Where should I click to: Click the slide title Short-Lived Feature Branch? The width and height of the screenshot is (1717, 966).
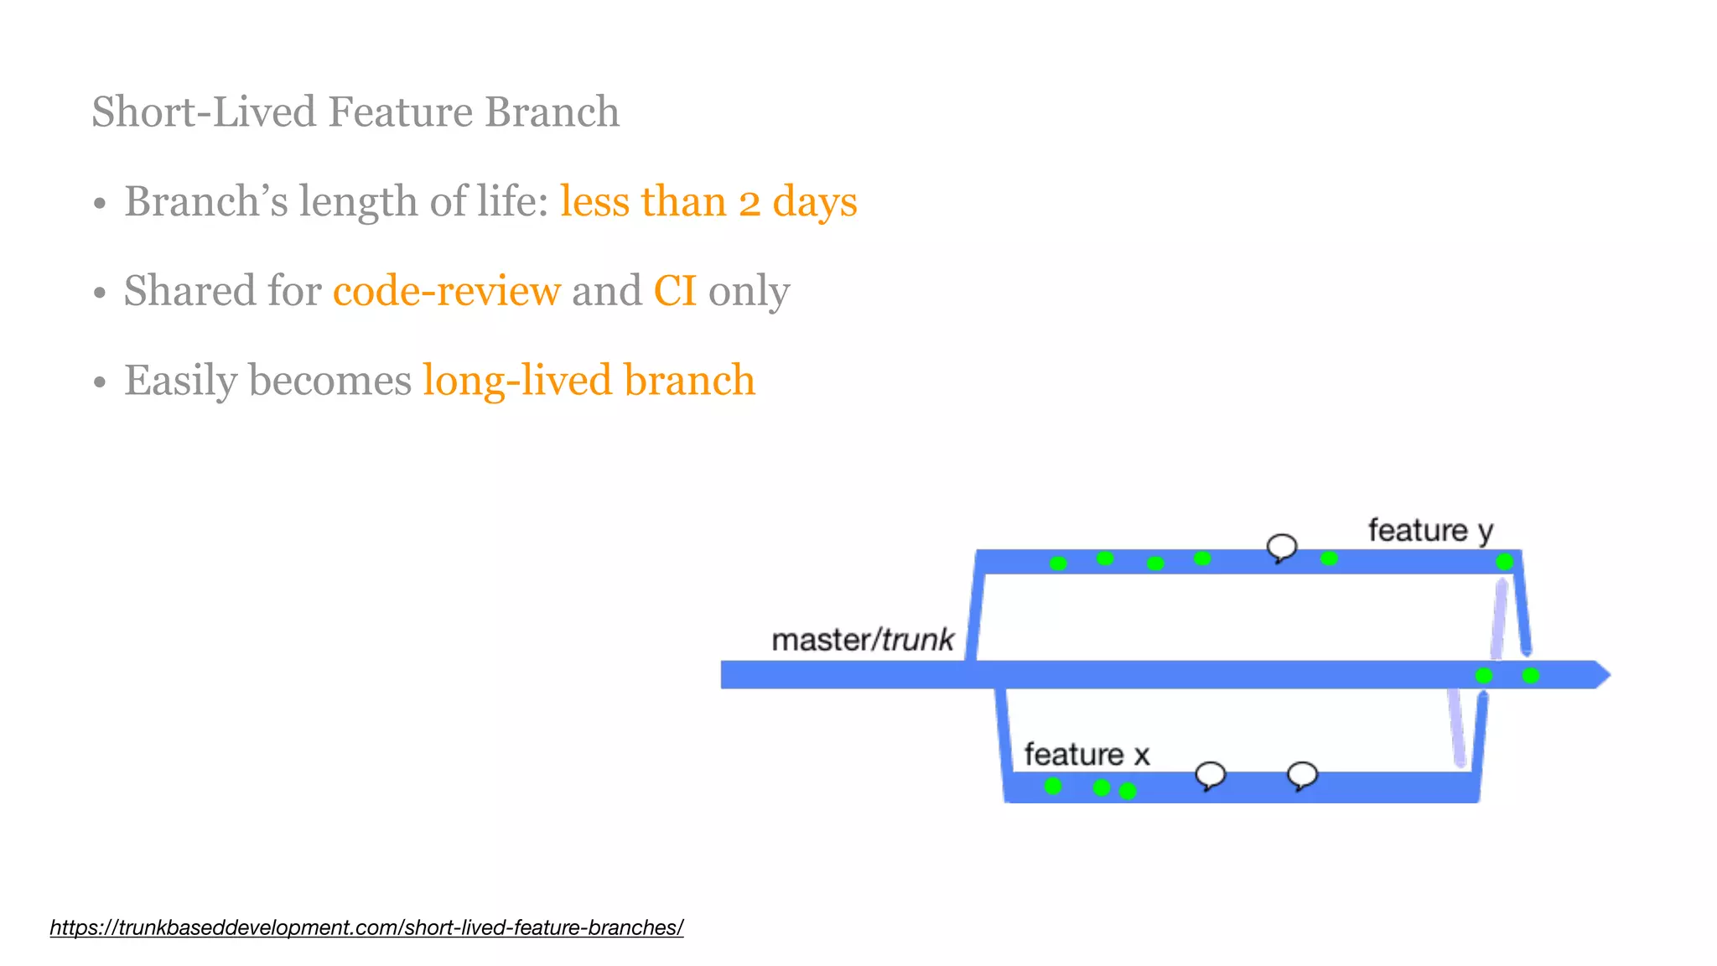pos(355,112)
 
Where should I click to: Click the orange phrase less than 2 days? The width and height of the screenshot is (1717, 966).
pos(708,201)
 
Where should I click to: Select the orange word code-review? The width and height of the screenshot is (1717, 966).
pos(446,291)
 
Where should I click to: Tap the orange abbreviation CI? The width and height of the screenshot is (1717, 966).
pos(675,291)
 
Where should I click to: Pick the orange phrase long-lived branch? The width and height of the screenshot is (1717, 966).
pos(589,380)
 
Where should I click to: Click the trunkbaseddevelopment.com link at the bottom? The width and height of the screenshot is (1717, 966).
pos(366,927)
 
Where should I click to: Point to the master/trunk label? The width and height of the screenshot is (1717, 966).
pos(862,640)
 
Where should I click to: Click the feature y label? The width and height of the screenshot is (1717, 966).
pos(1430,531)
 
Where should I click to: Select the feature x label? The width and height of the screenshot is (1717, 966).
pos(1087,755)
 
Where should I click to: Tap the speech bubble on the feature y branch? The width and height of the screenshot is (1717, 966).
pos(1281,548)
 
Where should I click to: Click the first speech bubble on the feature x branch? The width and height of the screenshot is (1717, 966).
pos(1210,775)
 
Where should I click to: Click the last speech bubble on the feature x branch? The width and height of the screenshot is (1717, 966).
pos(1302,775)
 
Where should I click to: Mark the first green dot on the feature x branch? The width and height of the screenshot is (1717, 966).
pos(1053,786)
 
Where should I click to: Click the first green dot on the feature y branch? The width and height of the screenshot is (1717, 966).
pos(1058,563)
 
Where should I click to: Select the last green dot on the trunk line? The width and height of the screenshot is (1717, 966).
pos(1531,675)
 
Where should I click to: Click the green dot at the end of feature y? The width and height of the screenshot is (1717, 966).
pos(1505,561)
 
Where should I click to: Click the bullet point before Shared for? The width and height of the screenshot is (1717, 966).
pos(100,293)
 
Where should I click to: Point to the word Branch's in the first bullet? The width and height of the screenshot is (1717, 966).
pos(205,201)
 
